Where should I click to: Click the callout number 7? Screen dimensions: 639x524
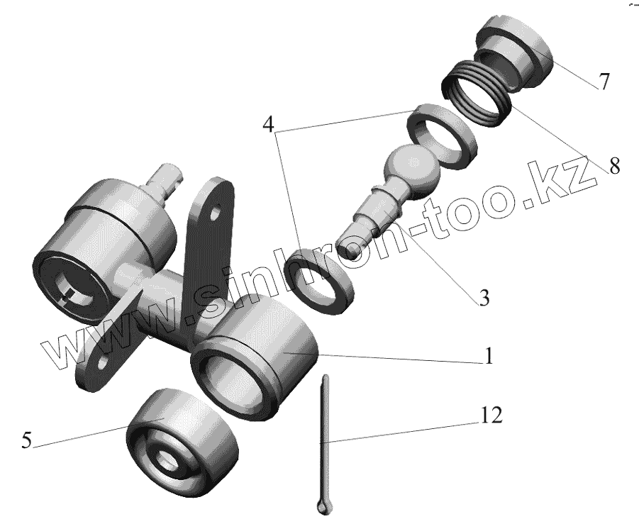(604, 82)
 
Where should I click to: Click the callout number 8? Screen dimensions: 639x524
(614, 167)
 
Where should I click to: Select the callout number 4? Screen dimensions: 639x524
(267, 126)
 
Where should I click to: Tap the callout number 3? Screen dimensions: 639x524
(484, 298)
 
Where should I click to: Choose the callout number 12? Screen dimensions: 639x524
(492, 416)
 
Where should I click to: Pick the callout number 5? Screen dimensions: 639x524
(26, 440)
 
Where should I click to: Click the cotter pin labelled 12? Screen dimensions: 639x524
(324, 440)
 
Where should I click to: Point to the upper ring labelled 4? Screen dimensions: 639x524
(440, 133)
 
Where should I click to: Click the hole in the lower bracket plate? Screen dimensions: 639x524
(104, 362)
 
